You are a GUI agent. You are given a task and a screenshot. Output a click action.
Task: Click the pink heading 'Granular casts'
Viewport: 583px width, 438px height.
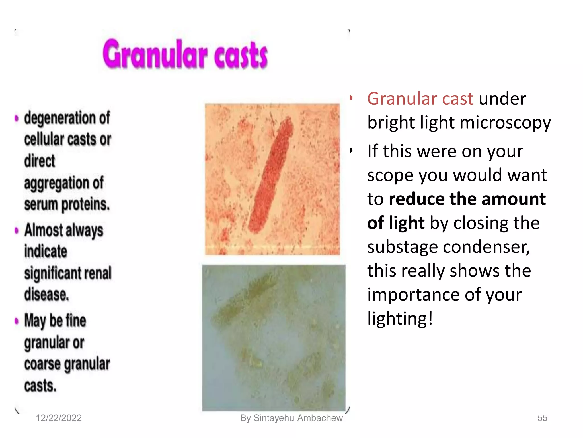point(185,54)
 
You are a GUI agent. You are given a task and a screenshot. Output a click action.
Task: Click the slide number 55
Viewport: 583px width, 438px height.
point(542,418)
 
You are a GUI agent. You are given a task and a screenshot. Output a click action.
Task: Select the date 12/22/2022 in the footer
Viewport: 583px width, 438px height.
point(59,418)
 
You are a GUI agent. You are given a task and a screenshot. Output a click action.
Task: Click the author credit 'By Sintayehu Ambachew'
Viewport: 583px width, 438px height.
point(291,418)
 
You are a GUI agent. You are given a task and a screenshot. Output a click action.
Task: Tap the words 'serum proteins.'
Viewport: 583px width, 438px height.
point(67,205)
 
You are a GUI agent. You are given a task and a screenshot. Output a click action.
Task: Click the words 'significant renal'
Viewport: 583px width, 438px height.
point(68,273)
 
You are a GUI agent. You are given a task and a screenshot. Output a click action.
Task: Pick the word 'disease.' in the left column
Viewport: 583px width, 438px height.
point(47,295)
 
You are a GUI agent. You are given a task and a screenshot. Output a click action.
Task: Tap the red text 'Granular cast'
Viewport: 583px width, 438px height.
point(420,99)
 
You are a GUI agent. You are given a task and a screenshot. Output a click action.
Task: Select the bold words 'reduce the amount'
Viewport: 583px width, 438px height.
point(467,199)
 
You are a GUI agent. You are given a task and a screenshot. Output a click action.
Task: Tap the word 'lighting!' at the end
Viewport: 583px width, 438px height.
point(400,318)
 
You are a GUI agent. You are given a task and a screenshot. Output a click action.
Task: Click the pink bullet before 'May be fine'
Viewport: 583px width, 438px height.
point(17,321)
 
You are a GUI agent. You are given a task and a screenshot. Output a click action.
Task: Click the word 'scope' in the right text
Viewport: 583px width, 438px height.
point(390,175)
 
